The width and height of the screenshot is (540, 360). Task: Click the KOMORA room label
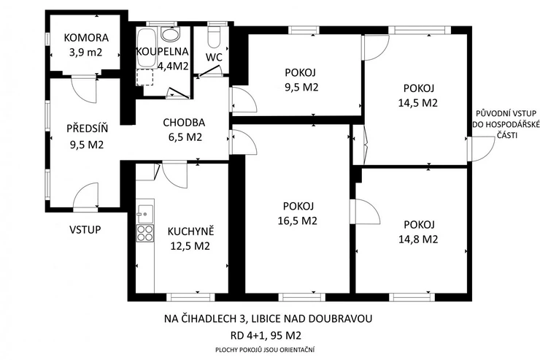86,37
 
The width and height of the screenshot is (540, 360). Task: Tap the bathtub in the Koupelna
146,47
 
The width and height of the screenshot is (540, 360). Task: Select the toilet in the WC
215,37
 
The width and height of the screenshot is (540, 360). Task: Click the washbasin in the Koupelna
171,34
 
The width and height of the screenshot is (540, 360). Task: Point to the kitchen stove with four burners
145,233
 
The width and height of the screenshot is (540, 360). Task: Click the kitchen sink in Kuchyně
145,214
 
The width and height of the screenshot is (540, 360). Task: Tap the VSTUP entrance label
85,230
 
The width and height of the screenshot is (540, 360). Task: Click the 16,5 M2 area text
298,221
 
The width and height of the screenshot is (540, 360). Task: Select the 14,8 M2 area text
418,239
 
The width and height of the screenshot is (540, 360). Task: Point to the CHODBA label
184,122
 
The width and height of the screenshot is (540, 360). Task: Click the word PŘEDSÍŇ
87,128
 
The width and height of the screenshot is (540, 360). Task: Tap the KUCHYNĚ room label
190,231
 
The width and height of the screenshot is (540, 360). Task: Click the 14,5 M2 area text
418,103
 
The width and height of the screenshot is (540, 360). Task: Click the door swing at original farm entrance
483,148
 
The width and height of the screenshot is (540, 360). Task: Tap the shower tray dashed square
145,77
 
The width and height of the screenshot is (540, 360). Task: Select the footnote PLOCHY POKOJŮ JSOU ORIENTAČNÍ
265,350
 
